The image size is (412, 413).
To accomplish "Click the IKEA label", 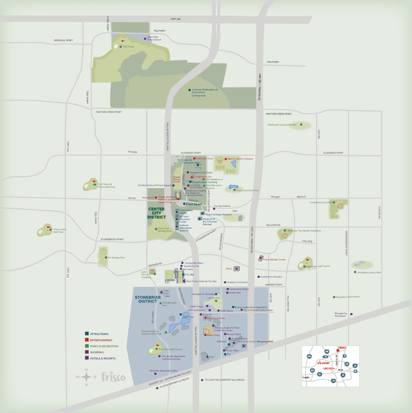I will (x=212, y=356).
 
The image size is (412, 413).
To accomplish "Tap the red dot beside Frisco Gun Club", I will (x=194, y=159).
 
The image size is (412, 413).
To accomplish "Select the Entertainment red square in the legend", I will (x=87, y=340).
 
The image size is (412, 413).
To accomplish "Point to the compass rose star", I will (x=86, y=377).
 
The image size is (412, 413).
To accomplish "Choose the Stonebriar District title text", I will (x=146, y=299).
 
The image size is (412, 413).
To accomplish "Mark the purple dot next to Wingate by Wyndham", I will (x=351, y=314).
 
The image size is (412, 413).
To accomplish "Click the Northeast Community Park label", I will (x=282, y=125).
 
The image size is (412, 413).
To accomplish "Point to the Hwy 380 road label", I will (x=175, y=19).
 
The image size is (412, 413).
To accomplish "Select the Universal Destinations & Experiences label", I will (x=205, y=91).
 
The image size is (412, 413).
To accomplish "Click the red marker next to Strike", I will (x=237, y=268).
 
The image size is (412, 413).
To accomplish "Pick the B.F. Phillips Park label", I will (x=116, y=257).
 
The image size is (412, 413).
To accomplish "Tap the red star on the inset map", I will (x=338, y=350).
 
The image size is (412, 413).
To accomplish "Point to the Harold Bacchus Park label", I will (x=321, y=203).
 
